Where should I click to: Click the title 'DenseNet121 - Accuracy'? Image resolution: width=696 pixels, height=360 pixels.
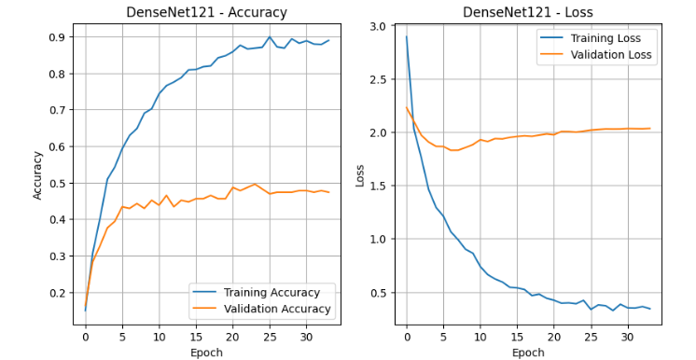tap(206, 12)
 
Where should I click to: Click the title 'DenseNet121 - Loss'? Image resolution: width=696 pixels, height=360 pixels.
tap(528, 12)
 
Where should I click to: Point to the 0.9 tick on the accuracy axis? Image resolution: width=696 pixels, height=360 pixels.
tap(56, 37)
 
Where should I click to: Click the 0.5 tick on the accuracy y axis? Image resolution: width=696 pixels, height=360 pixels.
tap(56, 183)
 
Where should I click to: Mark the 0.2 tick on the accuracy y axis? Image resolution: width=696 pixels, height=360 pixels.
tap(56, 293)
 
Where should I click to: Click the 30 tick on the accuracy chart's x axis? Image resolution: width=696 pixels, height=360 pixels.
tap(306, 336)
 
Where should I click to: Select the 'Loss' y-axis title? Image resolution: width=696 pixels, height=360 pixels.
tap(359, 174)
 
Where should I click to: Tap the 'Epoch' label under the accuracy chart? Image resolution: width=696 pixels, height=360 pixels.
tap(206, 352)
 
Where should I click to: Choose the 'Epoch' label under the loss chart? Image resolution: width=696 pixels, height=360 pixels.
tap(528, 352)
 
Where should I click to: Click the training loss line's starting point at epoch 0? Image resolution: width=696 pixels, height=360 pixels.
tap(407, 37)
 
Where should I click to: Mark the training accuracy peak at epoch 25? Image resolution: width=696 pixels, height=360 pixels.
tap(270, 37)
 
